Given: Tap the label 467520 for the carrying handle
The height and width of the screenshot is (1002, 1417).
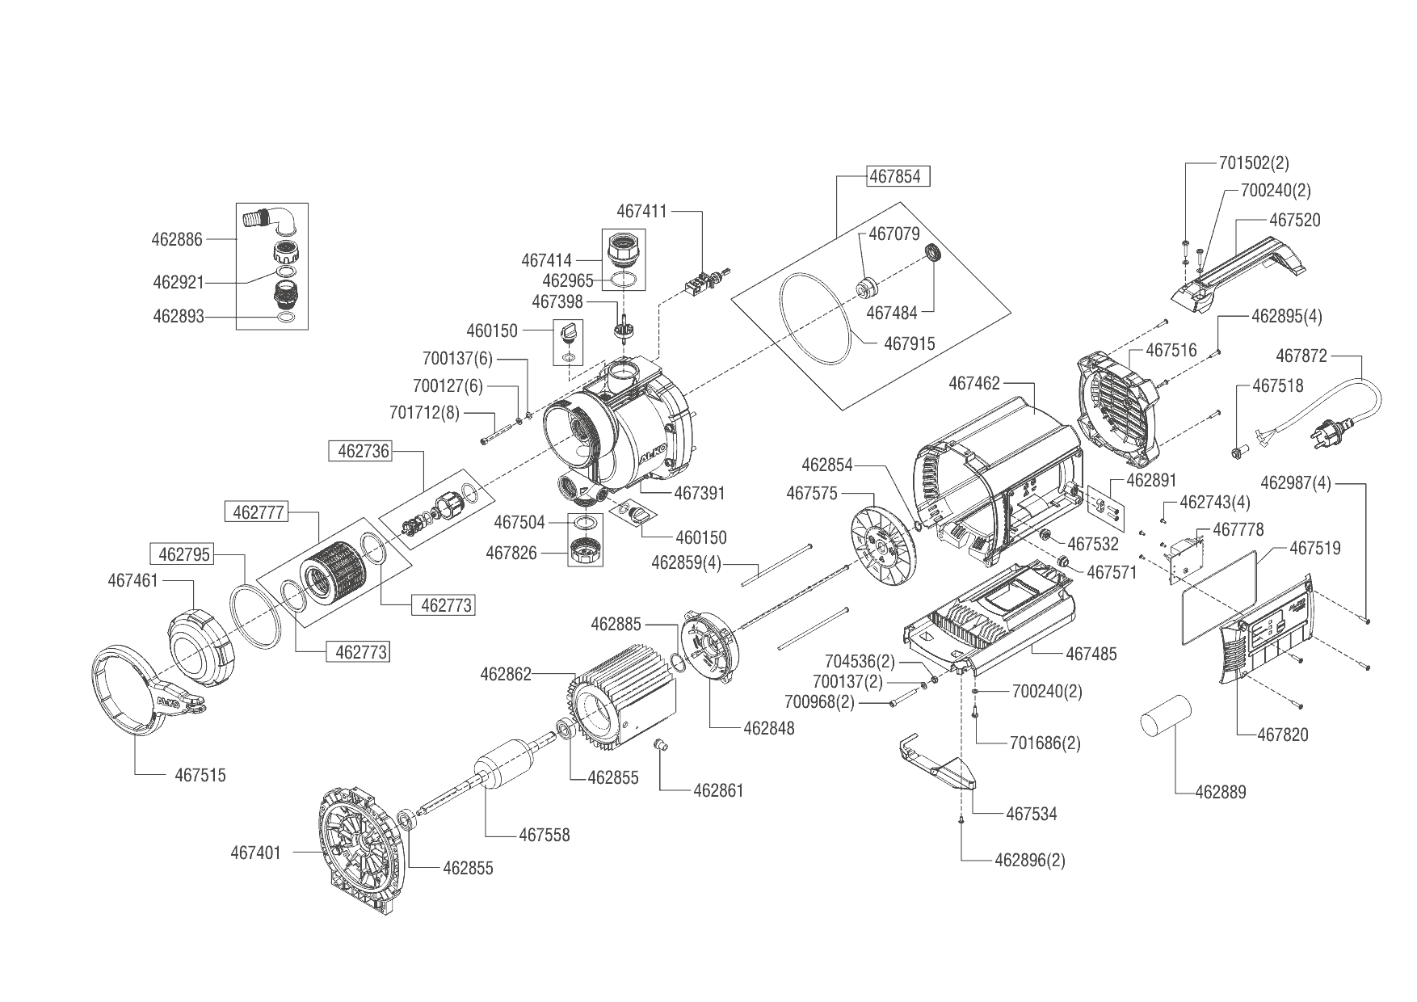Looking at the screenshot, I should (x=1294, y=220).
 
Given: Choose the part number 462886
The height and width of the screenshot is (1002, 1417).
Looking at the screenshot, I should (x=177, y=239).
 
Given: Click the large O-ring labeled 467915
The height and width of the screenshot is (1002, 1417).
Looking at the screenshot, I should (x=816, y=318).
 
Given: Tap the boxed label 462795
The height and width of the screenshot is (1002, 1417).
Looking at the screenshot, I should (x=184, y=554).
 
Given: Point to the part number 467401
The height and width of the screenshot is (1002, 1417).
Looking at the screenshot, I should (x=255, y=852).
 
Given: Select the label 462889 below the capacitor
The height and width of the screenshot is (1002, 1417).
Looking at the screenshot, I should (x=1220, y=792).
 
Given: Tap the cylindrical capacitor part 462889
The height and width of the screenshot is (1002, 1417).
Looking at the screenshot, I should (x=1166, y=718).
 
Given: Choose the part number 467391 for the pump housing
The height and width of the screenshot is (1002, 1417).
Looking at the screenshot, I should (x=700, y=493).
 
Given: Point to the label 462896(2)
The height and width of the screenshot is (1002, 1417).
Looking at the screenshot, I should (x=1029, y=860).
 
